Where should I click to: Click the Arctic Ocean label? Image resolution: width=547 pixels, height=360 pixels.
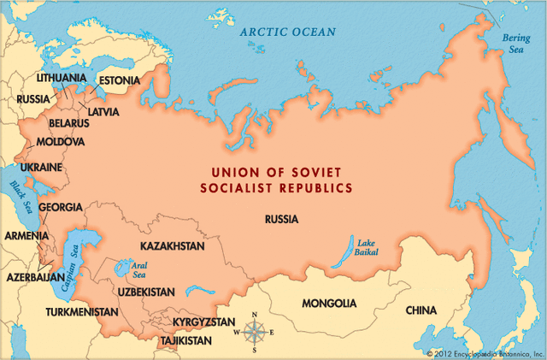tap(287, 32)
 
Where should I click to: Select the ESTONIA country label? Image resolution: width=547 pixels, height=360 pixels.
tap(119, 81)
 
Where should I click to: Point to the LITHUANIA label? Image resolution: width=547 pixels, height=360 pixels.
tap(61, 78)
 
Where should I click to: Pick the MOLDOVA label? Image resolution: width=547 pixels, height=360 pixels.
tap(60, 141)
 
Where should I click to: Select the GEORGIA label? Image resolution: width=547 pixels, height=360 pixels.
tap(61, 207)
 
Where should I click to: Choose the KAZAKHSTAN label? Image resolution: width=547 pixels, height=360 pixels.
tap(172, 246)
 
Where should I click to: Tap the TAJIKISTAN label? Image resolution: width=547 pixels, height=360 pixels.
tap(185, 340)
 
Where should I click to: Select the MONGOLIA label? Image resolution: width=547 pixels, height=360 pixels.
tap(329, 304)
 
